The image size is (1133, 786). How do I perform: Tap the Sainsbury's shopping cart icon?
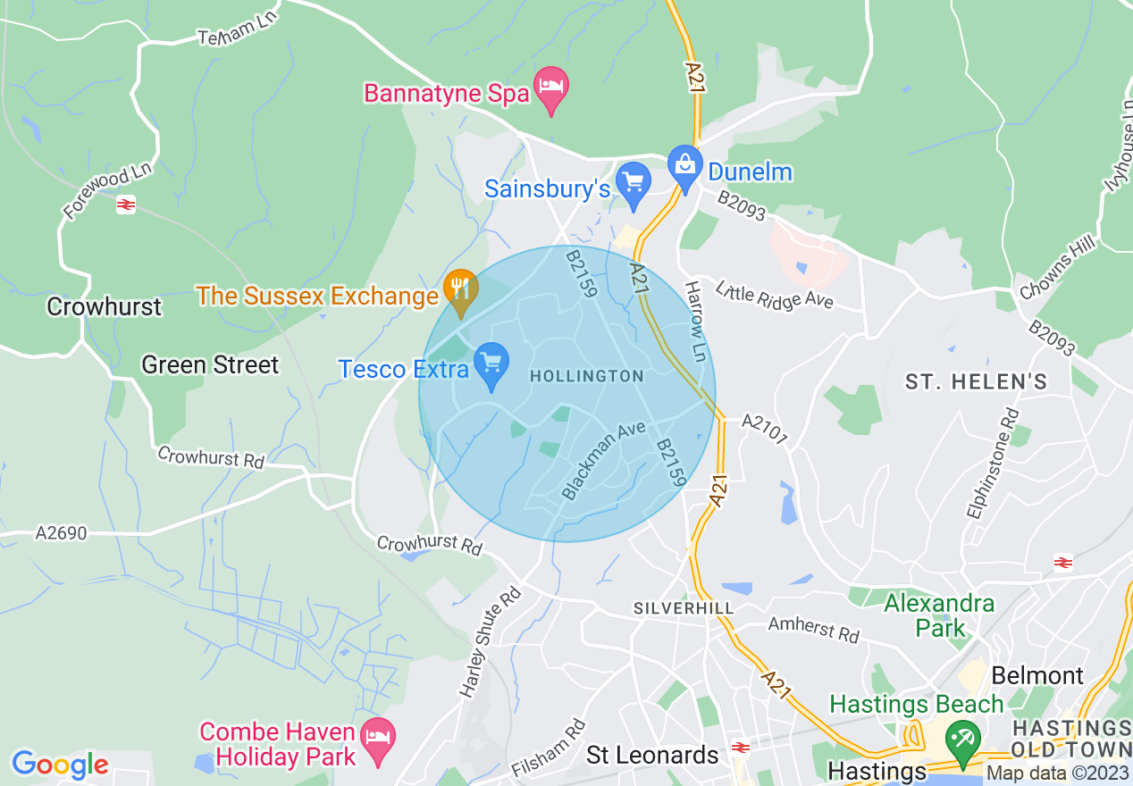pos(634,183)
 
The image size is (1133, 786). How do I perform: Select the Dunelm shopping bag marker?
pos(685,167)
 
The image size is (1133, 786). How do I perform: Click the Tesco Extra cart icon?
pos(491,364)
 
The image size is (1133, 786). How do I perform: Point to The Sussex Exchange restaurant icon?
pos(460,290)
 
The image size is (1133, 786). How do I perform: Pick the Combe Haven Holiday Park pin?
pos(380,740)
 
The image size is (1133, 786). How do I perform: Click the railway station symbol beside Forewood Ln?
pos(125,205)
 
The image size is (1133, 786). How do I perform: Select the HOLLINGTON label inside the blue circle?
pos(586,376)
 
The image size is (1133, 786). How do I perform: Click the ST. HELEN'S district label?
pos(976,382)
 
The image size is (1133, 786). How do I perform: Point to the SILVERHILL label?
pos(684,608)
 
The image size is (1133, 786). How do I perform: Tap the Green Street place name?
pos(210,364)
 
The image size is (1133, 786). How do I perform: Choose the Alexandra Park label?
pos(938,615)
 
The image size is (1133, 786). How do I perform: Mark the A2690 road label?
pos(62,533)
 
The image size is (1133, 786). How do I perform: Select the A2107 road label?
pos(765,430)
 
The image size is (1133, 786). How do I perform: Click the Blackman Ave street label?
pos(603,460)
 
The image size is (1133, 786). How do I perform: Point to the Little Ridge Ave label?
pos(774,295)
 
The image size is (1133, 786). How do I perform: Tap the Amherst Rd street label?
pos(813,630)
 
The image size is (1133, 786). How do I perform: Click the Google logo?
pos(60,765)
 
